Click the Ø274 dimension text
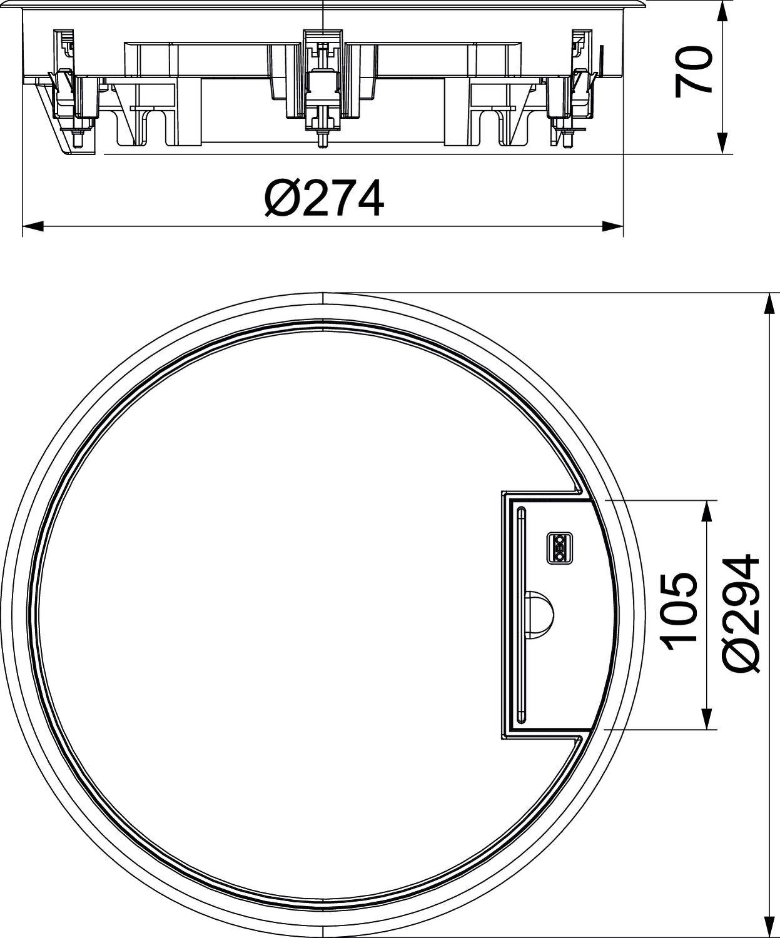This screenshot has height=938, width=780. (x=323, y=198)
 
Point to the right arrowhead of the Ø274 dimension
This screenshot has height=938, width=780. (x=614, y=226)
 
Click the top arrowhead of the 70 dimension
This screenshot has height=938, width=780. (x=723, y=10)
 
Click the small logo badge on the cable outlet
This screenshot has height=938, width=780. (x=559, y=548)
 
